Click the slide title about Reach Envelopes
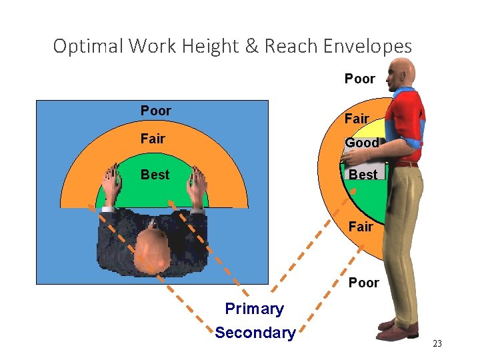click(x=232, y=46)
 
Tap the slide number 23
click(x=437, y=343)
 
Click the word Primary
click(x=254, y=309)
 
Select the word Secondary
click(x=255, y=333)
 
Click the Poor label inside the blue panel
click(x=155, y=111)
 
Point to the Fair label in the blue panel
click(x=153, y=139)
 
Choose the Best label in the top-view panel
click(x=155, y=175)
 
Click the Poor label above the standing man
click(x=359, y=79)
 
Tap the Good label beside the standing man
click(x=362, y=143)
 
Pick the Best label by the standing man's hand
click(x=363, y=175)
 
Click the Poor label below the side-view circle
click(x=363, y=283)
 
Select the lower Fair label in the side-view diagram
click(x=361, y=227)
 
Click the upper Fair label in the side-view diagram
click(x=357, y=119)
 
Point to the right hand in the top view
click(x=196, y=185)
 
